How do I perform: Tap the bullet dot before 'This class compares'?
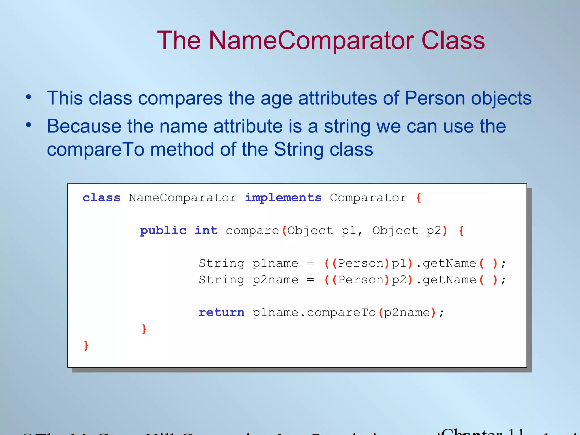tap(28, 97)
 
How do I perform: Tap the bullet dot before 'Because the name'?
tap(28, 125)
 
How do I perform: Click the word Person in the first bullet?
tap(435, 98)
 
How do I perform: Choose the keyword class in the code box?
tap(101, 198)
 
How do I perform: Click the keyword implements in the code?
tap(283, 198)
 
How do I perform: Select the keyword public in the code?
tap(163, 231)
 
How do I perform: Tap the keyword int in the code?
tap(206, 231)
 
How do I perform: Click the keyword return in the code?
tap(221, 312)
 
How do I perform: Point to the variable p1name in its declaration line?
tap(275, 264)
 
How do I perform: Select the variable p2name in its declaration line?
tap(275, 280)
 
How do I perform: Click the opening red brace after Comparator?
tap(419, 198)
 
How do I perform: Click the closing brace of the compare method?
tap(144, 329)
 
